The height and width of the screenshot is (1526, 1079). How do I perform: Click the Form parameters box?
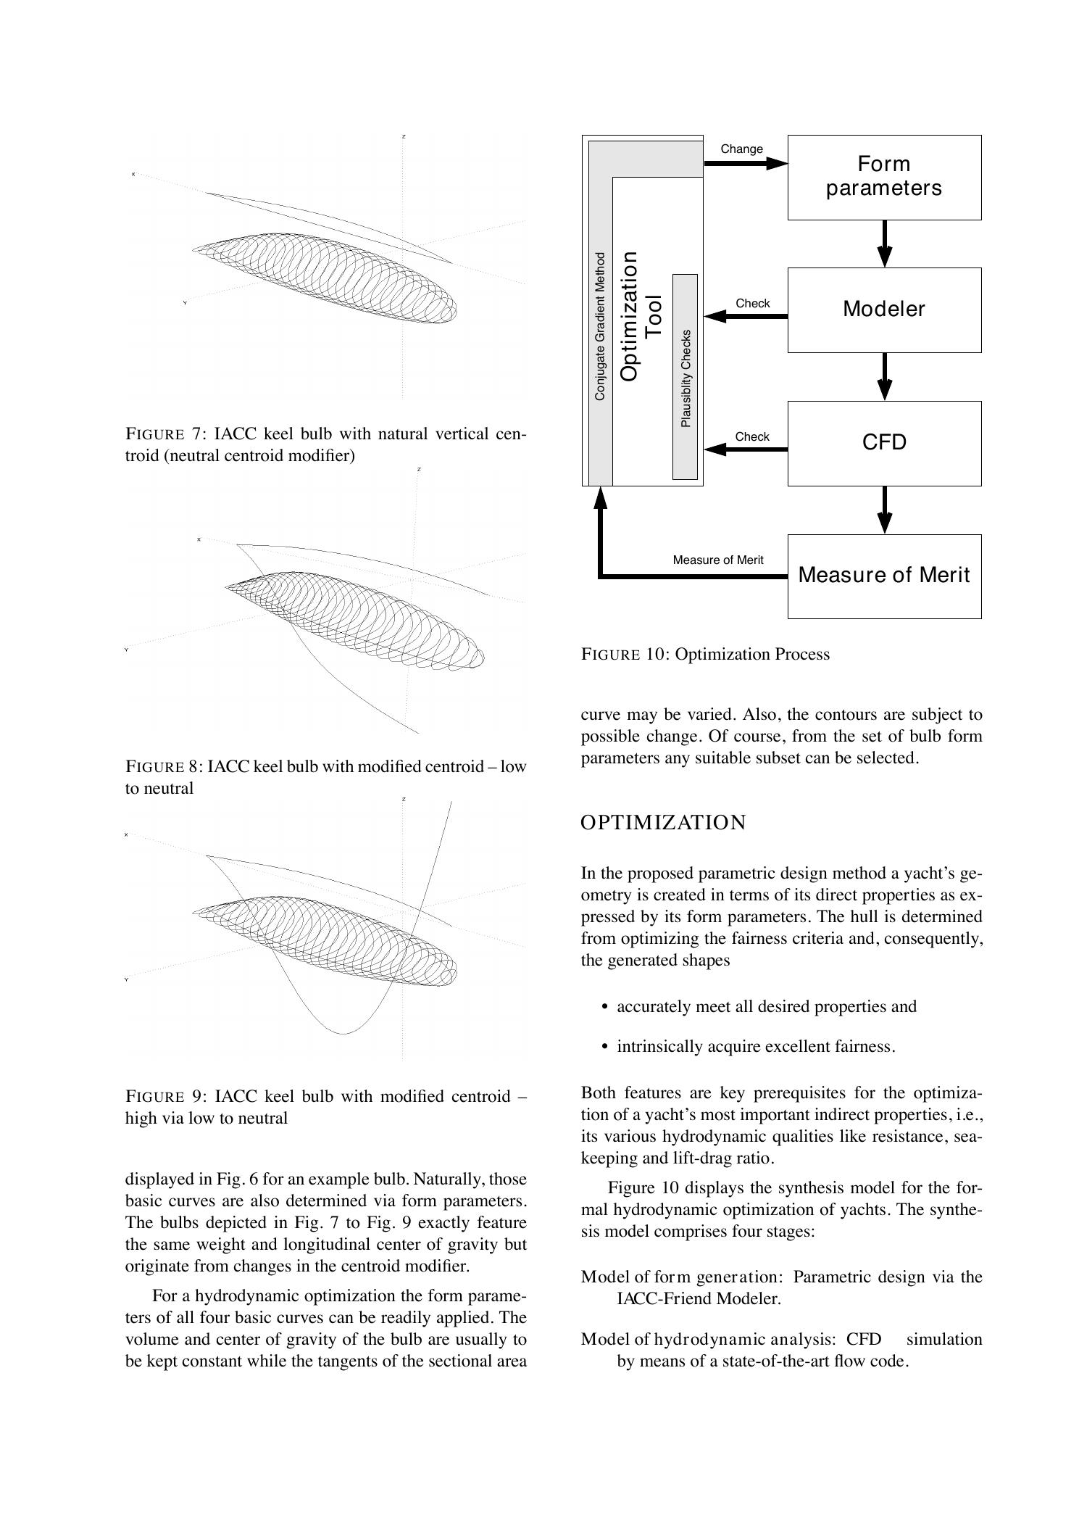click(x=883, y=176)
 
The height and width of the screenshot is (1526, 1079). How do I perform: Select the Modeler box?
click(x=883, y=310)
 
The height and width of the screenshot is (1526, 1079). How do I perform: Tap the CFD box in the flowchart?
click(x=883, y=443)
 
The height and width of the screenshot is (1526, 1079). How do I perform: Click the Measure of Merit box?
click(x=883, y=576)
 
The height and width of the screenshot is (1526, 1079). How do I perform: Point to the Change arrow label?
click(x=741, y=149)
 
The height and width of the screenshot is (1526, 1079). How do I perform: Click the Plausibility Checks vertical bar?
click(x=685, y=377)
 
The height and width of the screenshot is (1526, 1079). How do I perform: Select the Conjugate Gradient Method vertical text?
click(x=599, y=326)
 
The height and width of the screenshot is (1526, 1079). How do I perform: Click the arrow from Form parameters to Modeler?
click(x=884, y=244)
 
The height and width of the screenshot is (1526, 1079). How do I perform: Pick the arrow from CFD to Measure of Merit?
click(x=884, y=510)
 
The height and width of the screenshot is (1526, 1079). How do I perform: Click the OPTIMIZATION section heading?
click(x=663, y=823)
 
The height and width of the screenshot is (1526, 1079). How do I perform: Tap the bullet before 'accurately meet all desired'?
click(x=604, y=1007)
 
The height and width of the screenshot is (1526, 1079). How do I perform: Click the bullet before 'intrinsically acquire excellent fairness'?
click(x=604, y=1047)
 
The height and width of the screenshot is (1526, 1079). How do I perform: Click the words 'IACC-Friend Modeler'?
click(x=699, y=1298)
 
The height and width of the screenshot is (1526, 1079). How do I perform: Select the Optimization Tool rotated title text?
click(x=641, y=316)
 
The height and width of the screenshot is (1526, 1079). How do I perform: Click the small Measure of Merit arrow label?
click(x=717, y=560)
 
